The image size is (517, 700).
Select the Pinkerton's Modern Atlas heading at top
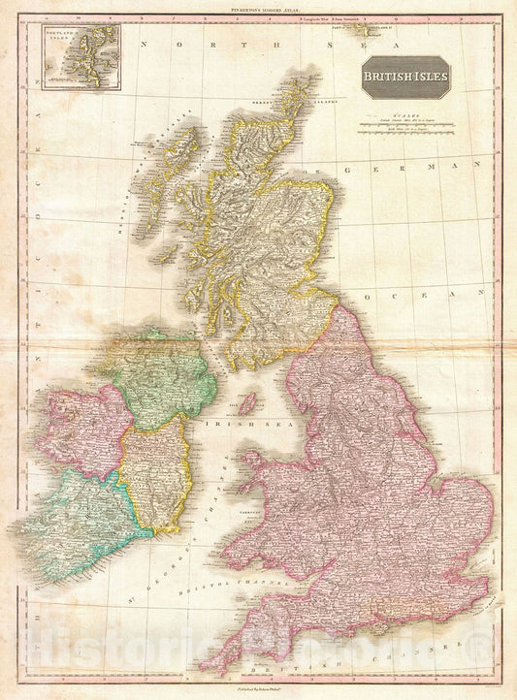coord(258,8)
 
